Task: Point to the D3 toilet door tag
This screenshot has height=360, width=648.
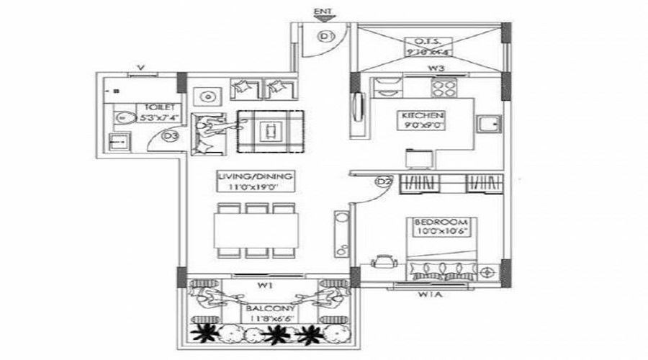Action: coord(171,135)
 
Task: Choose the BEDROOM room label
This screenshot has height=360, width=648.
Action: coord(441,221)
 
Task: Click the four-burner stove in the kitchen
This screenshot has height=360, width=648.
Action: coord(442,89)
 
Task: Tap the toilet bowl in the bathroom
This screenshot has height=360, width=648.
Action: coord(122,118)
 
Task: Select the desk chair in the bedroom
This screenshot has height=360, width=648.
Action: coord(381,261)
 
